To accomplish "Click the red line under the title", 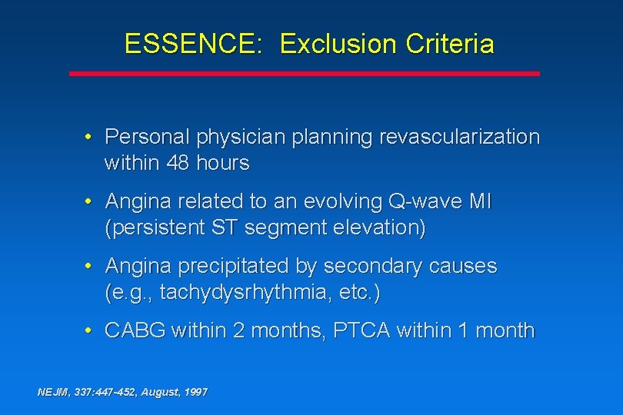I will tap(305, 74).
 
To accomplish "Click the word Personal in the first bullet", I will tap(148, 138).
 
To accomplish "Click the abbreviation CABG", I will tap(135, 331).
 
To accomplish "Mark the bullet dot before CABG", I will tap(89, 331).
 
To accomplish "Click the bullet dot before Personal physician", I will tap(89, 138).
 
